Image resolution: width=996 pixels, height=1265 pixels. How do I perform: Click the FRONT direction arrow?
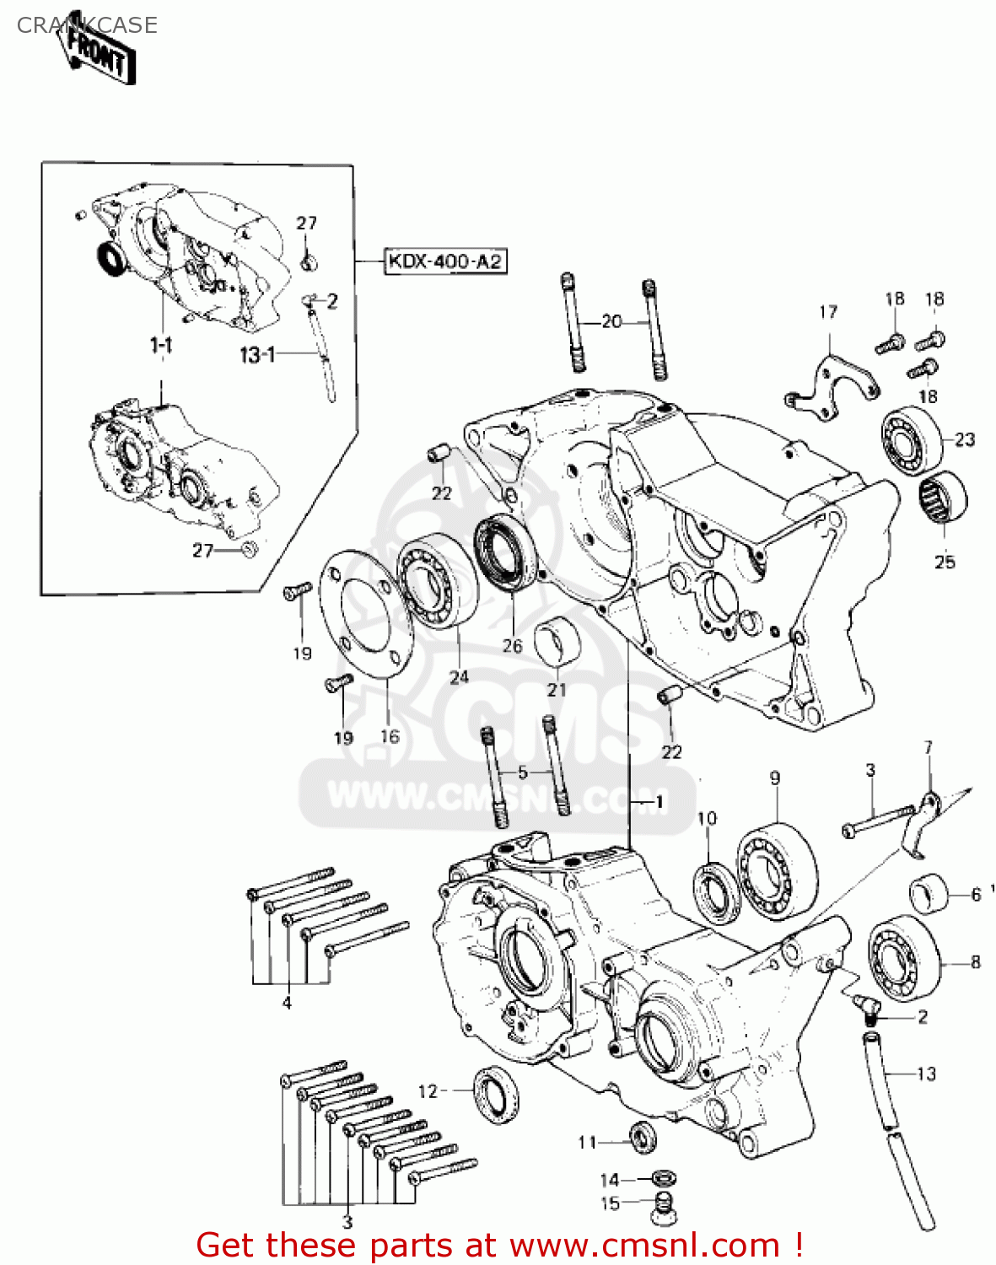coord(100,53)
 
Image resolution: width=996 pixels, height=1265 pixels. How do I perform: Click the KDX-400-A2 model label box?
coord(445,261)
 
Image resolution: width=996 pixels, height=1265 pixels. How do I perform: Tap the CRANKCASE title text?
coord(87,25)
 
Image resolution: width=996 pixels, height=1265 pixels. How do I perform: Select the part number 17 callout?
coord(828,312)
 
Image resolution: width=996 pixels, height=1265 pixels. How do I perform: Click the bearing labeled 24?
coord(438,582)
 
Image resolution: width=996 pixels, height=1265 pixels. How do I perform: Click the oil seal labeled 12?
coord(496,1095)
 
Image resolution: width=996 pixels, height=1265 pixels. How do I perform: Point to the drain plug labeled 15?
coord(663,1208)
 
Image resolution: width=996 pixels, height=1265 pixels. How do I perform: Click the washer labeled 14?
coord(665,1179)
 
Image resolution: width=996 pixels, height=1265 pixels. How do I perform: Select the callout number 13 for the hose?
coord(926,1074)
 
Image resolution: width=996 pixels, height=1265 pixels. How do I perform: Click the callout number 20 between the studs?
coord(611,321)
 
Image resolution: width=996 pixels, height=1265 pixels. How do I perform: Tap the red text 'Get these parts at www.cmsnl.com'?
coord(498,1245)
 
